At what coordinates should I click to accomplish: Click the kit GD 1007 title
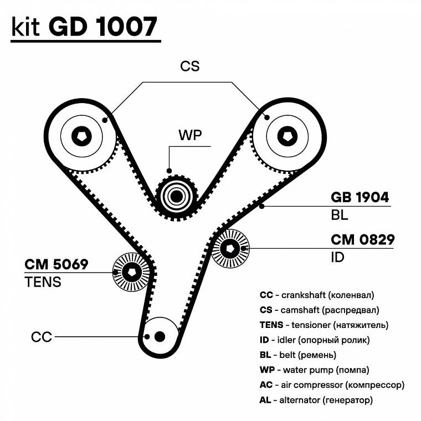pyautogui.click(x=84, y=27)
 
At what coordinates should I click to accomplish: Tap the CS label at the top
pyautogui.click(x=189, y=66)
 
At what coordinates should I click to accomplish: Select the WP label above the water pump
pyautogui.click(x=189, y=135)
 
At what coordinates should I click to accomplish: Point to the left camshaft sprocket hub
pyautogui.click(x=82, y=135)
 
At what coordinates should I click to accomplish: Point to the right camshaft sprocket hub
pyautogui.click(x=287, y=136)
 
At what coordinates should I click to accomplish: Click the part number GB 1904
pyautogui.click(x=360, y=197)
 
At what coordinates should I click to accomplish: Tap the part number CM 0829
pyautogui.click(x=362, y=240)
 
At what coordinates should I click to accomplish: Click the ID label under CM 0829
pyautogui.click(x=337, y=257)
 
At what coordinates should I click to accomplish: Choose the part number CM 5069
pyautogui.click(x=56, y=264)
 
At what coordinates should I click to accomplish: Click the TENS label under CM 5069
pyautogui.click(x=43, y=282)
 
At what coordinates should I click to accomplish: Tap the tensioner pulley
pyautogui.click(x=132, y=271)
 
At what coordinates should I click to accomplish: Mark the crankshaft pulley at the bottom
pyautogui.click(x=160, y=336)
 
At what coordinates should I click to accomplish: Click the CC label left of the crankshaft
pyautogui.click(x=42, y=337)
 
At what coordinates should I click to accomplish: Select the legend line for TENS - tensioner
pyautogui.click(x=324, y=325)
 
